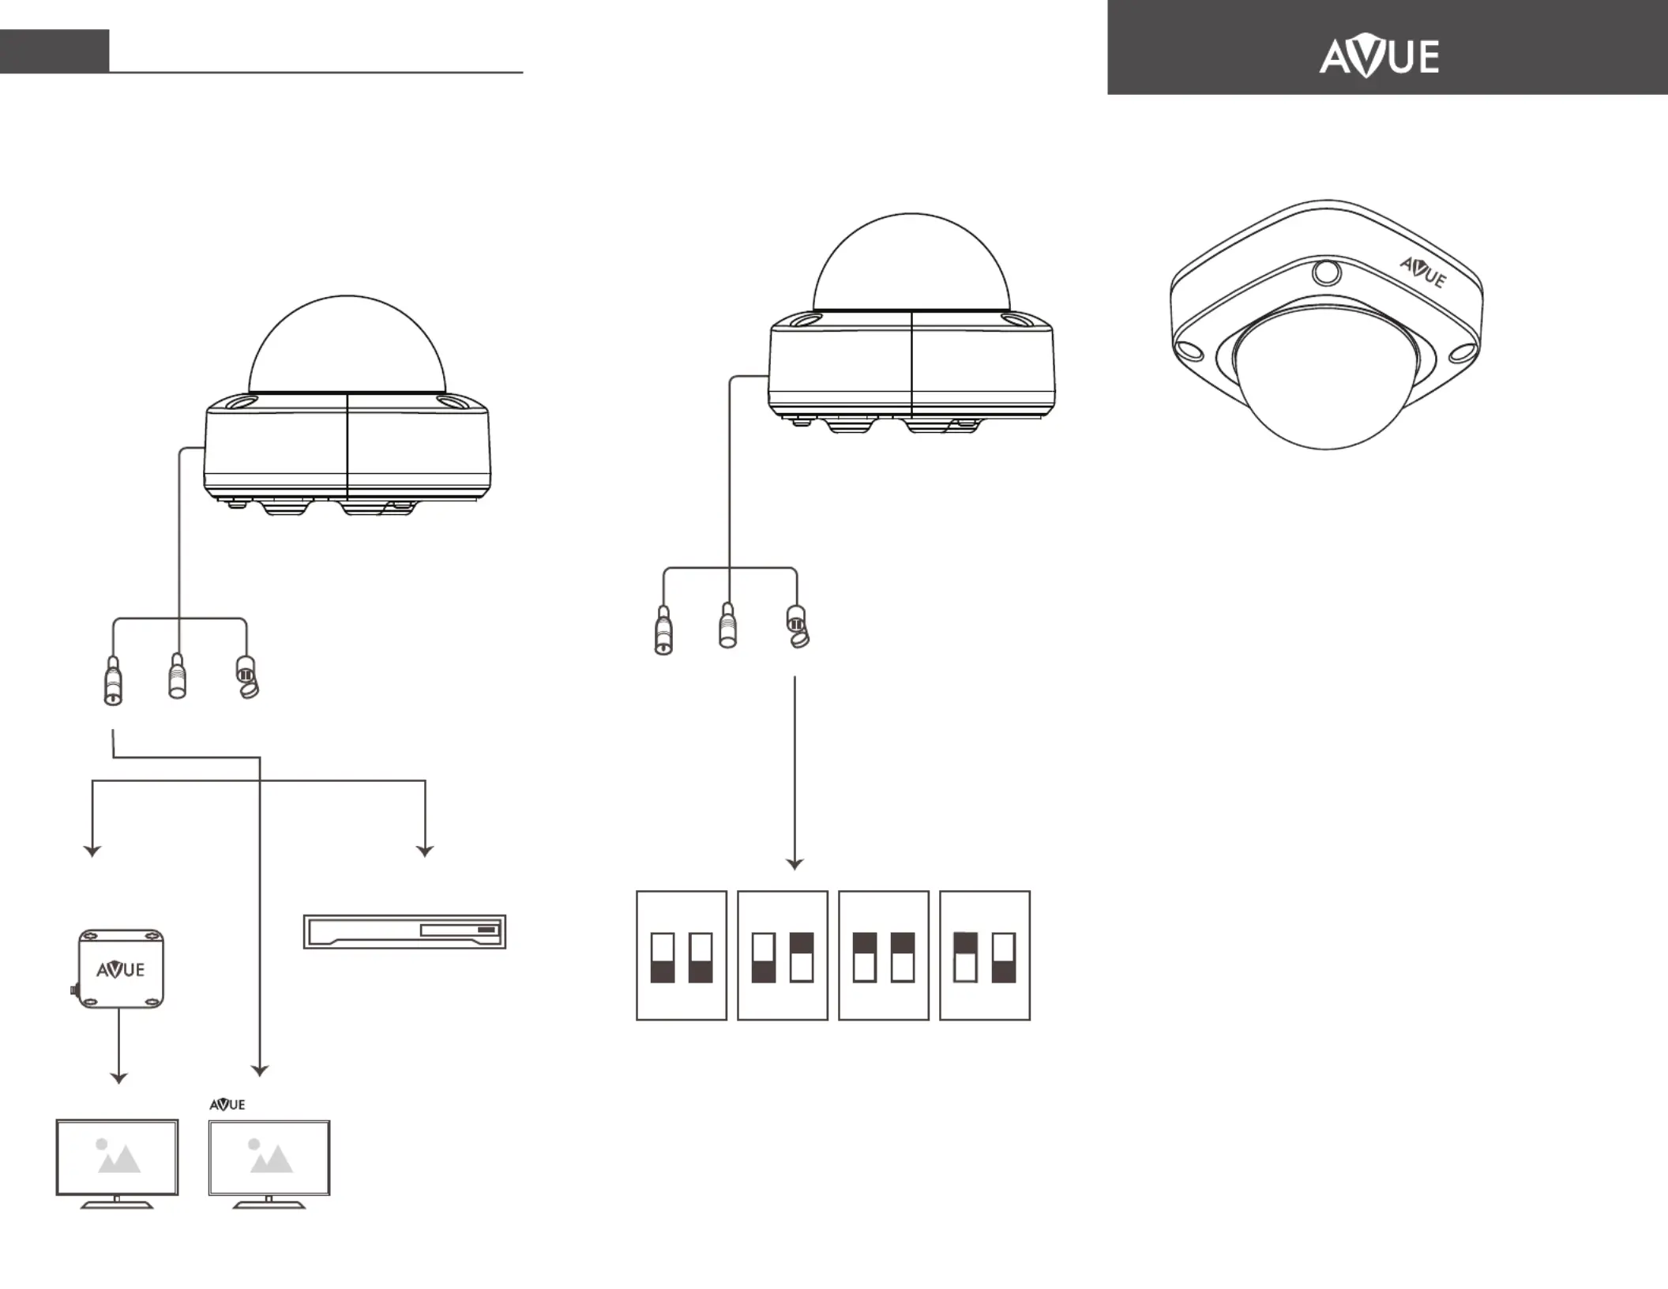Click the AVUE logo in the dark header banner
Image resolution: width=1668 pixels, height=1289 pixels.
1379,57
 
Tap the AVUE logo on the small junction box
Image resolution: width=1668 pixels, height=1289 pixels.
121,969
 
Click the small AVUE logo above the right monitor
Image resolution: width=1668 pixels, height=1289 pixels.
227,1104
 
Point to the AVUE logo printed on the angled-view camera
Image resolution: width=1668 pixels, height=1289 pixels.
1423,272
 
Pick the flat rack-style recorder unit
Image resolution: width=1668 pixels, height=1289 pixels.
404,932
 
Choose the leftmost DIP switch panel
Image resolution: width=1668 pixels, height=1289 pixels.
682,956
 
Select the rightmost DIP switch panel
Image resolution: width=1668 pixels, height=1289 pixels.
985,956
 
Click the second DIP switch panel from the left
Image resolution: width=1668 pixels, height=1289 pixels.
783,956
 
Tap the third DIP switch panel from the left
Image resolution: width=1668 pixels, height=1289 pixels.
884,956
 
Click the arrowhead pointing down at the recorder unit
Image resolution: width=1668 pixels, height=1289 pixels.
425,851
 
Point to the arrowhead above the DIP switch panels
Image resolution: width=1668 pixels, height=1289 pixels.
795,864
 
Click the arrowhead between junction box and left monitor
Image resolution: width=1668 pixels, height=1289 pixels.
118,1078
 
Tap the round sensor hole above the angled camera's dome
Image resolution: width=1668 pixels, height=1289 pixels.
1326,272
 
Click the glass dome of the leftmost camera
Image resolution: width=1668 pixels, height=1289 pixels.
347,344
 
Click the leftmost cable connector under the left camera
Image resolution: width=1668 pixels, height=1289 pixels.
113,680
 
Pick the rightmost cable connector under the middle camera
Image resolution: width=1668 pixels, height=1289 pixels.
798,626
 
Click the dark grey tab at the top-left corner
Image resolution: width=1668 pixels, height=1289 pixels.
54,51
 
